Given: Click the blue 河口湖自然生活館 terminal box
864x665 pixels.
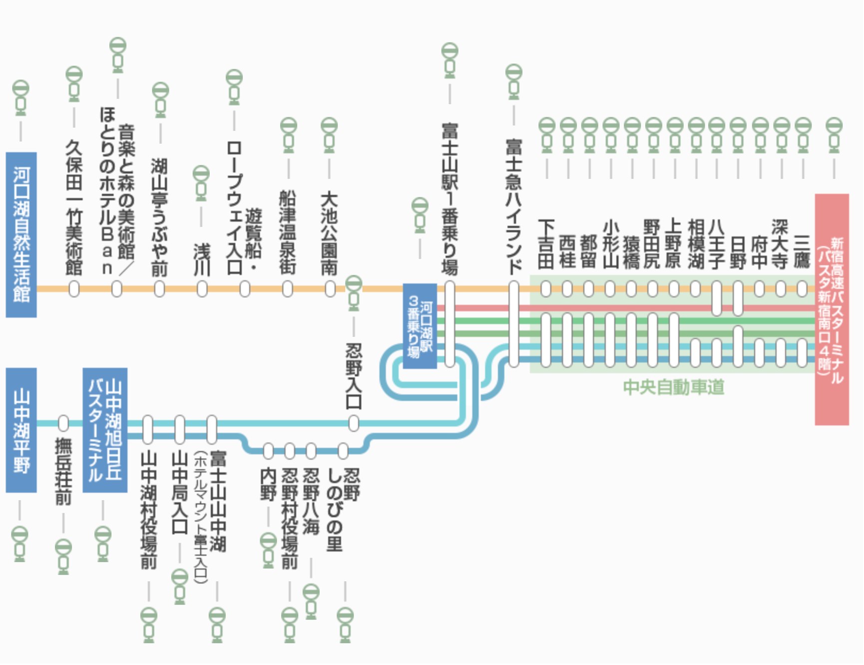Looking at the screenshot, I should click(x=21, y=234).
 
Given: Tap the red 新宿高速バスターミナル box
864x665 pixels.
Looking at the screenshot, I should click(x=832, y=310).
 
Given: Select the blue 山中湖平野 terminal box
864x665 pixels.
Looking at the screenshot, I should click(x=21, y=430).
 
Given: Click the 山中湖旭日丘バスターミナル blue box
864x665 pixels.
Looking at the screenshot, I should click(x=105, y=430).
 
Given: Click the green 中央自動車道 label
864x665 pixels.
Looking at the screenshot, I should click(x=673, y=387).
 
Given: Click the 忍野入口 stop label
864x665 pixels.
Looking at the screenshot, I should click(x=354, y=375).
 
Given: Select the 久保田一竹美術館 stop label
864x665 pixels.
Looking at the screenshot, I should click(x=74, y=207).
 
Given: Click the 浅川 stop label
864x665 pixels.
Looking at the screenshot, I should click(x=201, y=260).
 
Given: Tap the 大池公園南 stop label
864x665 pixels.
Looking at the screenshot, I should click(x=329, y=234).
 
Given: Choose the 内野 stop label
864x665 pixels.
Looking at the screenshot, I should click(x=268, y=484).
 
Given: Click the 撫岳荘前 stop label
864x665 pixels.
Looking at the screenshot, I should click(x=63, y=471).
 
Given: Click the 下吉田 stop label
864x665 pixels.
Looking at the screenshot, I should click(x=546, y=244).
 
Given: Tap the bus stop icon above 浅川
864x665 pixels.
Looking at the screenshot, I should click(x=201, y=183).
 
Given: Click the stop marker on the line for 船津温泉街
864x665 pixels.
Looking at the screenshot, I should click(x=287, y=289).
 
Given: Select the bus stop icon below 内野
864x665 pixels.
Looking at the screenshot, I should click(x=268, y=550).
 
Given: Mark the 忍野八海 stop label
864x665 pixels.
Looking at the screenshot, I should click(x=311, y=501).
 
